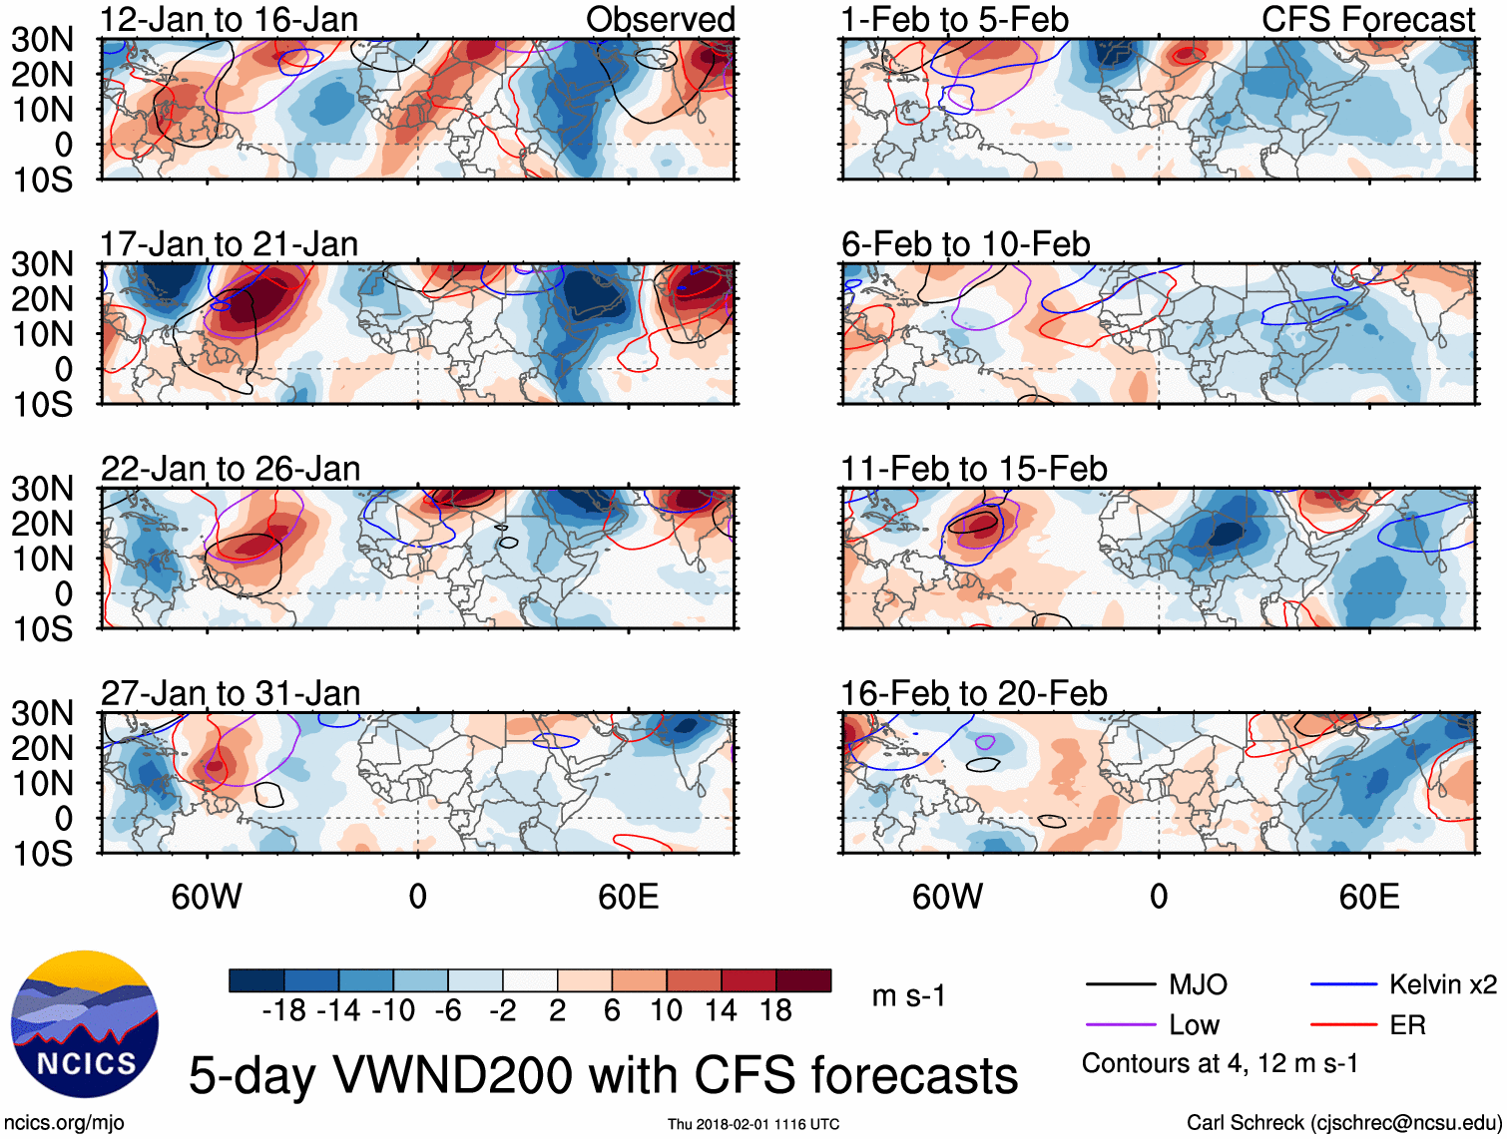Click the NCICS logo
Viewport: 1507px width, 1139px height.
click(x=84, y=1024)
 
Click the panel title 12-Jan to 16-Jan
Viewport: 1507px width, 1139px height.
click(x=229, y=19)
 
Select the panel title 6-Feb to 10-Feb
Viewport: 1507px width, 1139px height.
click(x=965, y=244)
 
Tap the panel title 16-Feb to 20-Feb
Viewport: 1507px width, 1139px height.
click(x=973, y=693)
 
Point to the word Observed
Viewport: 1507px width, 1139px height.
click(x=660, y=19)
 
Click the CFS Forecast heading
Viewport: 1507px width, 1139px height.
click(x=1367, y=19)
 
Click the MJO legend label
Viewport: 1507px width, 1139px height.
click(x=1198, y=985)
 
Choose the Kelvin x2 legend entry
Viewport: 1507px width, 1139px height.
click(x=1442, y=985)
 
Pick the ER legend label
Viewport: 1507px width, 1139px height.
click(x=1407, y=1025)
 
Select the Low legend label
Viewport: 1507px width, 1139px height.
click(x=1194, y=1025)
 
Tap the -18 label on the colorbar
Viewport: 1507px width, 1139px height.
click(x=283, y=1011)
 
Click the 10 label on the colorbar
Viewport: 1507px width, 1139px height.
click(x=666, y=1011)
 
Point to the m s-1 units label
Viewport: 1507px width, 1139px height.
click(x=908, y=996)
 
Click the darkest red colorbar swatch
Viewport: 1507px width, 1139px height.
click(x=803, y=980)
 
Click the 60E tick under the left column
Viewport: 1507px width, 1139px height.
click(x=628, y=897)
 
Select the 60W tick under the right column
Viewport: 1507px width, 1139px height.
click(x=947, y=897)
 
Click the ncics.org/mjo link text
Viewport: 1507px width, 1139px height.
click(x=65, y=1123)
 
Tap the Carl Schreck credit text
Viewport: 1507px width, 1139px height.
click(x=1343, y=1123)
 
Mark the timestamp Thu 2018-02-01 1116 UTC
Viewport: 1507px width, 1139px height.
click(x=753, y=1124)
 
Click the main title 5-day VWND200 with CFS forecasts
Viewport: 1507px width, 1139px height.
click(x=603, y=1075)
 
